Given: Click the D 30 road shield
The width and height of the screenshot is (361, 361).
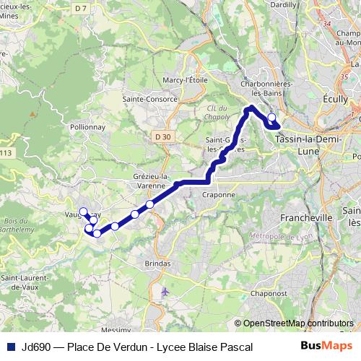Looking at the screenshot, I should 163,136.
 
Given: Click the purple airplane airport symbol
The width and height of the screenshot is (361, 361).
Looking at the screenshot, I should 166,292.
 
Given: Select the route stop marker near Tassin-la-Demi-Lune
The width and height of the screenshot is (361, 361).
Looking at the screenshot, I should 271,118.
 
